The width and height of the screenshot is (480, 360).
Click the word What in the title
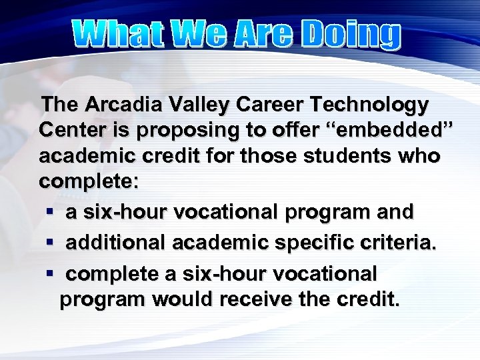click(x=120, y=35)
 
